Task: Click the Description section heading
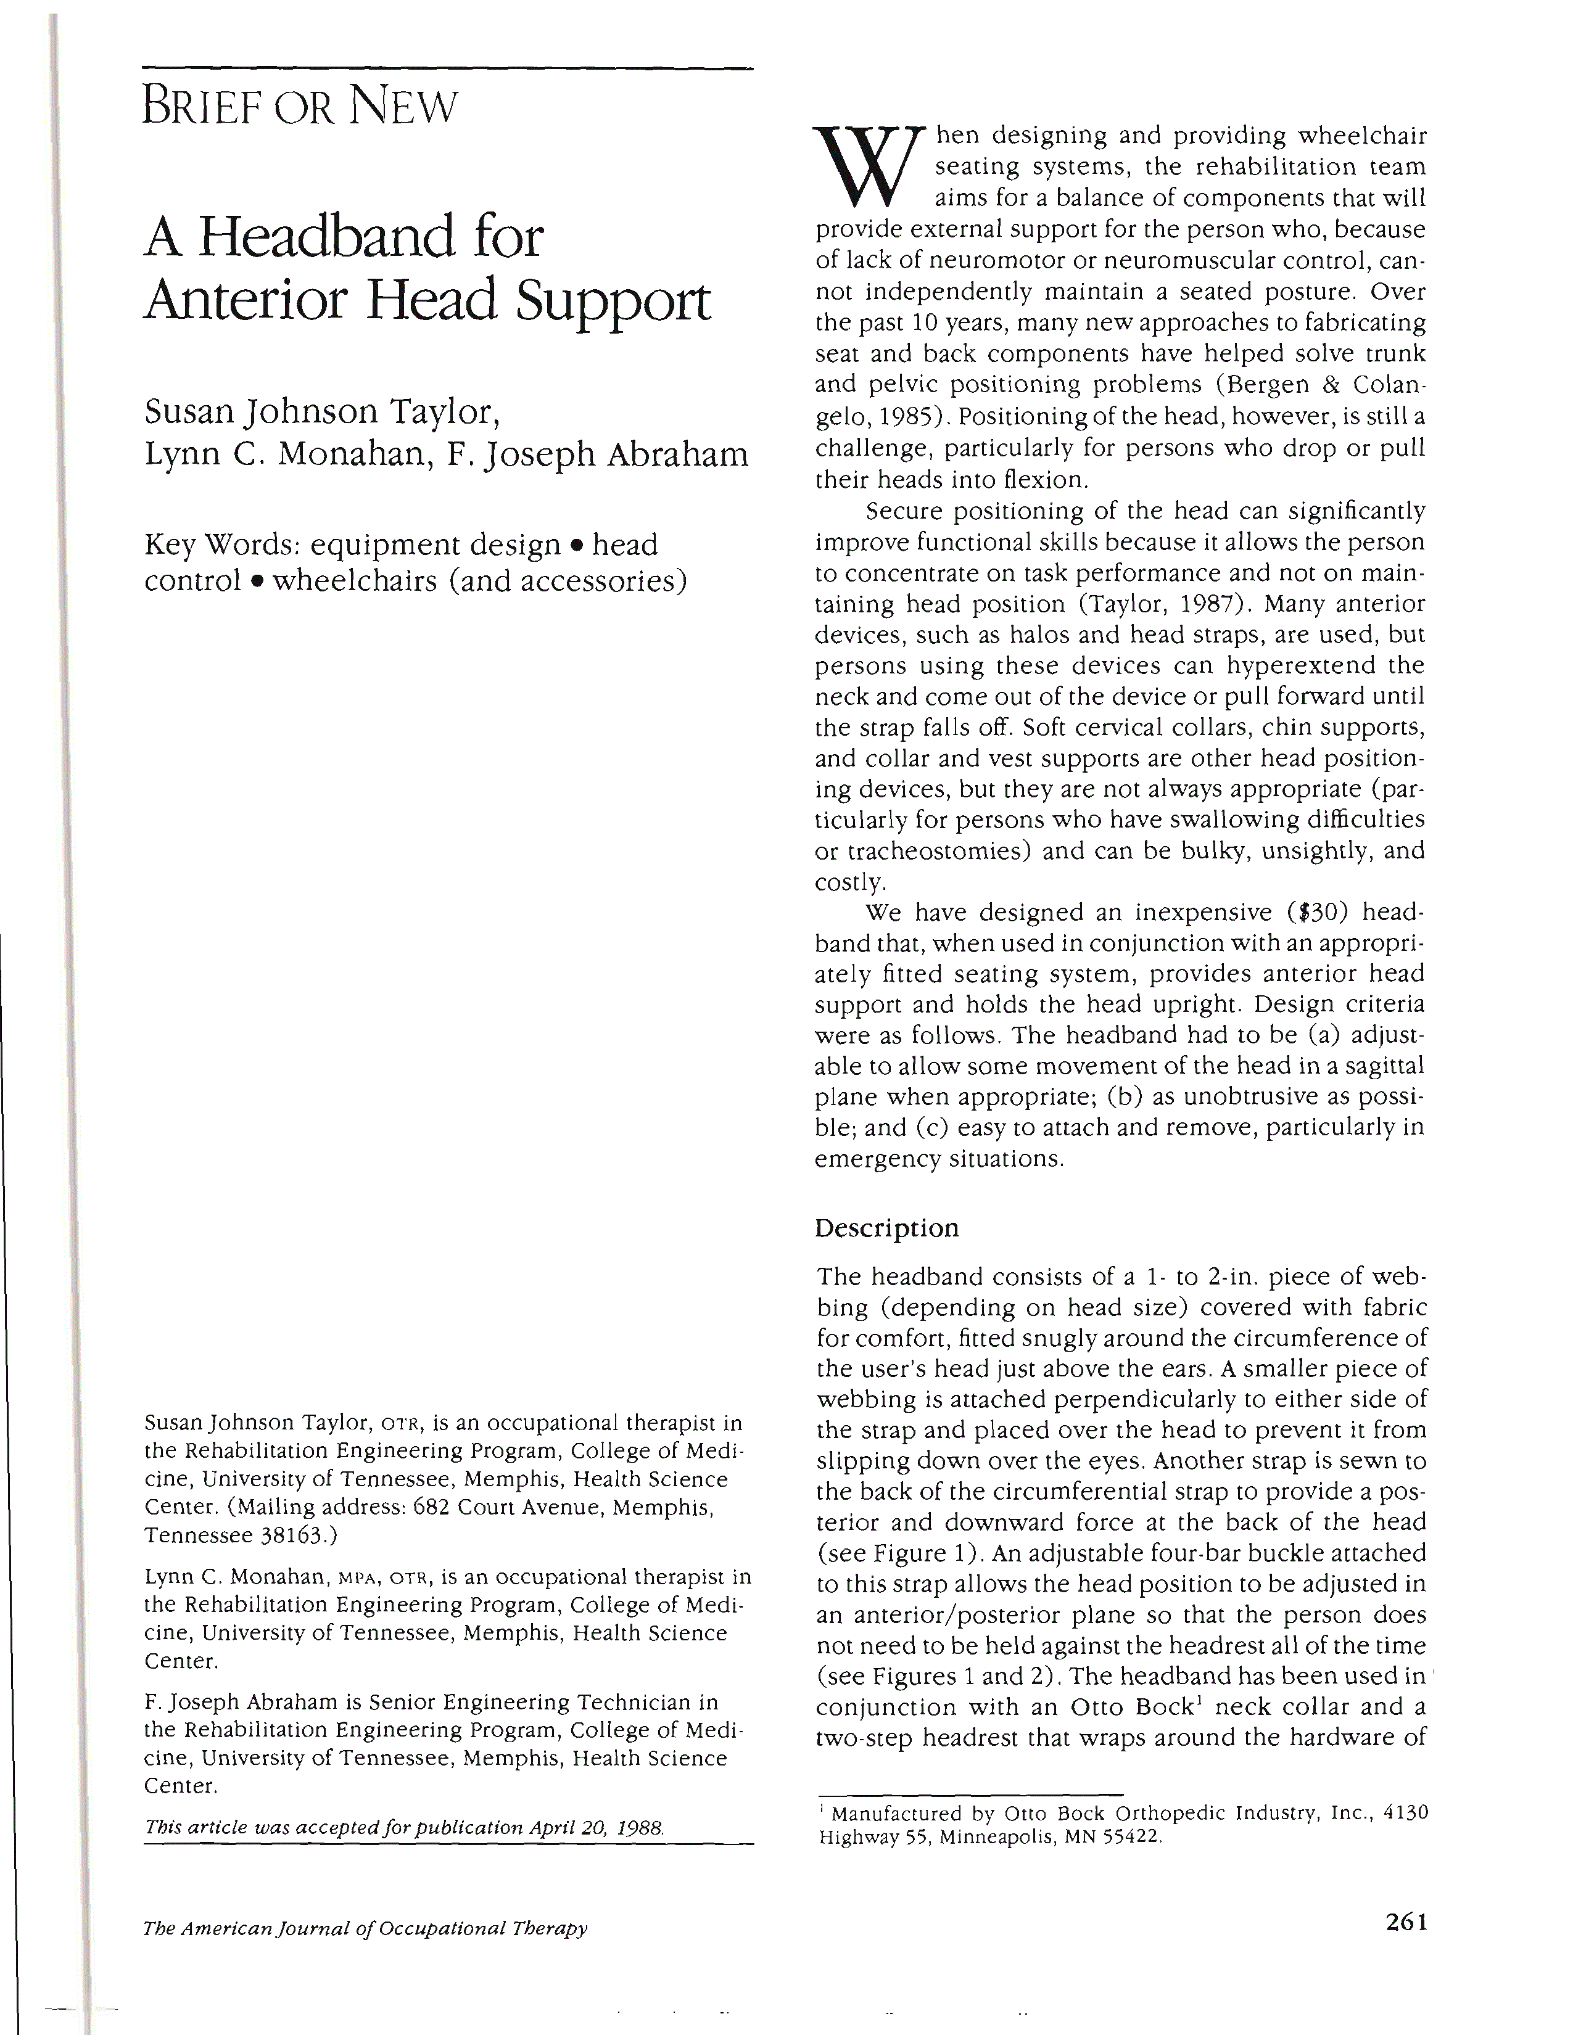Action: [x=886, y=1228]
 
